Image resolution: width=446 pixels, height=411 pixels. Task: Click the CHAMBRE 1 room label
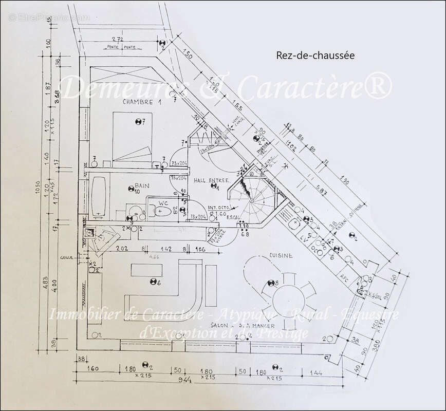[x=142, y=102]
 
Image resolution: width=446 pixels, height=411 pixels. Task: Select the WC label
[x=163, y=201]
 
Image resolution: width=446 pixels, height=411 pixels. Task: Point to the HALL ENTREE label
[x=211, y=180]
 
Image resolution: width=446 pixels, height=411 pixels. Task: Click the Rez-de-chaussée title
[x=315, y=55]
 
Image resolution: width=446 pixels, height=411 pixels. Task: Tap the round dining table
[x=289, y=297]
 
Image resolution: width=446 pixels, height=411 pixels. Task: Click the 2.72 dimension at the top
[x=117, y=40]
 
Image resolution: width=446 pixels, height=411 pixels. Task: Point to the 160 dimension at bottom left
[x=93, y=370]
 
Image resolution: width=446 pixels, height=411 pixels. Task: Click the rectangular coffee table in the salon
[x=147, y=269]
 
